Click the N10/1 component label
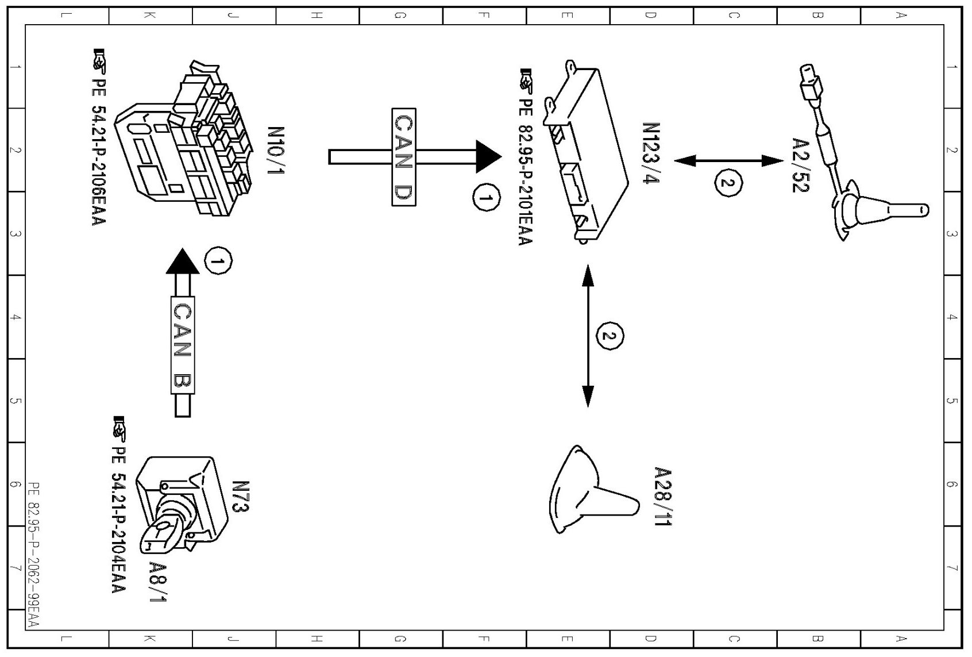click(x=276, y=152)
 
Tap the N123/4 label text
click(x=651, y=153)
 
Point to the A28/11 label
click(x=663, y=497)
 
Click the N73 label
click(x=241, y=497)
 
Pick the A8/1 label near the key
click(x=157, y=582)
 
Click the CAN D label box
click(x=403, y=156)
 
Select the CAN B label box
click(x=183, y=345)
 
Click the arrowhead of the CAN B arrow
click(x=182, y=261)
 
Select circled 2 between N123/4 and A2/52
click(x=728, y=183)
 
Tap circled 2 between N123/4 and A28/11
click(x=610, y=336)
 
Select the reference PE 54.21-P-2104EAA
click(x=118, y=506)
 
